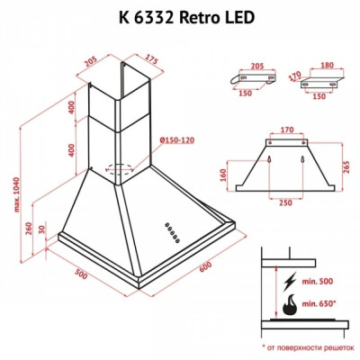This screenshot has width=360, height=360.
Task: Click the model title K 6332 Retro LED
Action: [x=180, y=17]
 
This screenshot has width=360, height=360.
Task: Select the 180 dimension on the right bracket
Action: [x=326, y=66]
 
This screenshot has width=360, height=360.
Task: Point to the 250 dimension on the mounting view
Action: [x=285, y=204]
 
